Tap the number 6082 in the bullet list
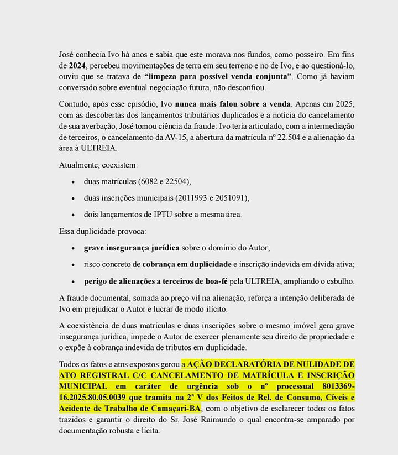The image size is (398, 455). pyautogui.click(x=146, y=181)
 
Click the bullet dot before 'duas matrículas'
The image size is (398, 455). pyautogui.click(x=74, y=181)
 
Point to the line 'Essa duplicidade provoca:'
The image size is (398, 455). pyautogui.click(x=102, y=231)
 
